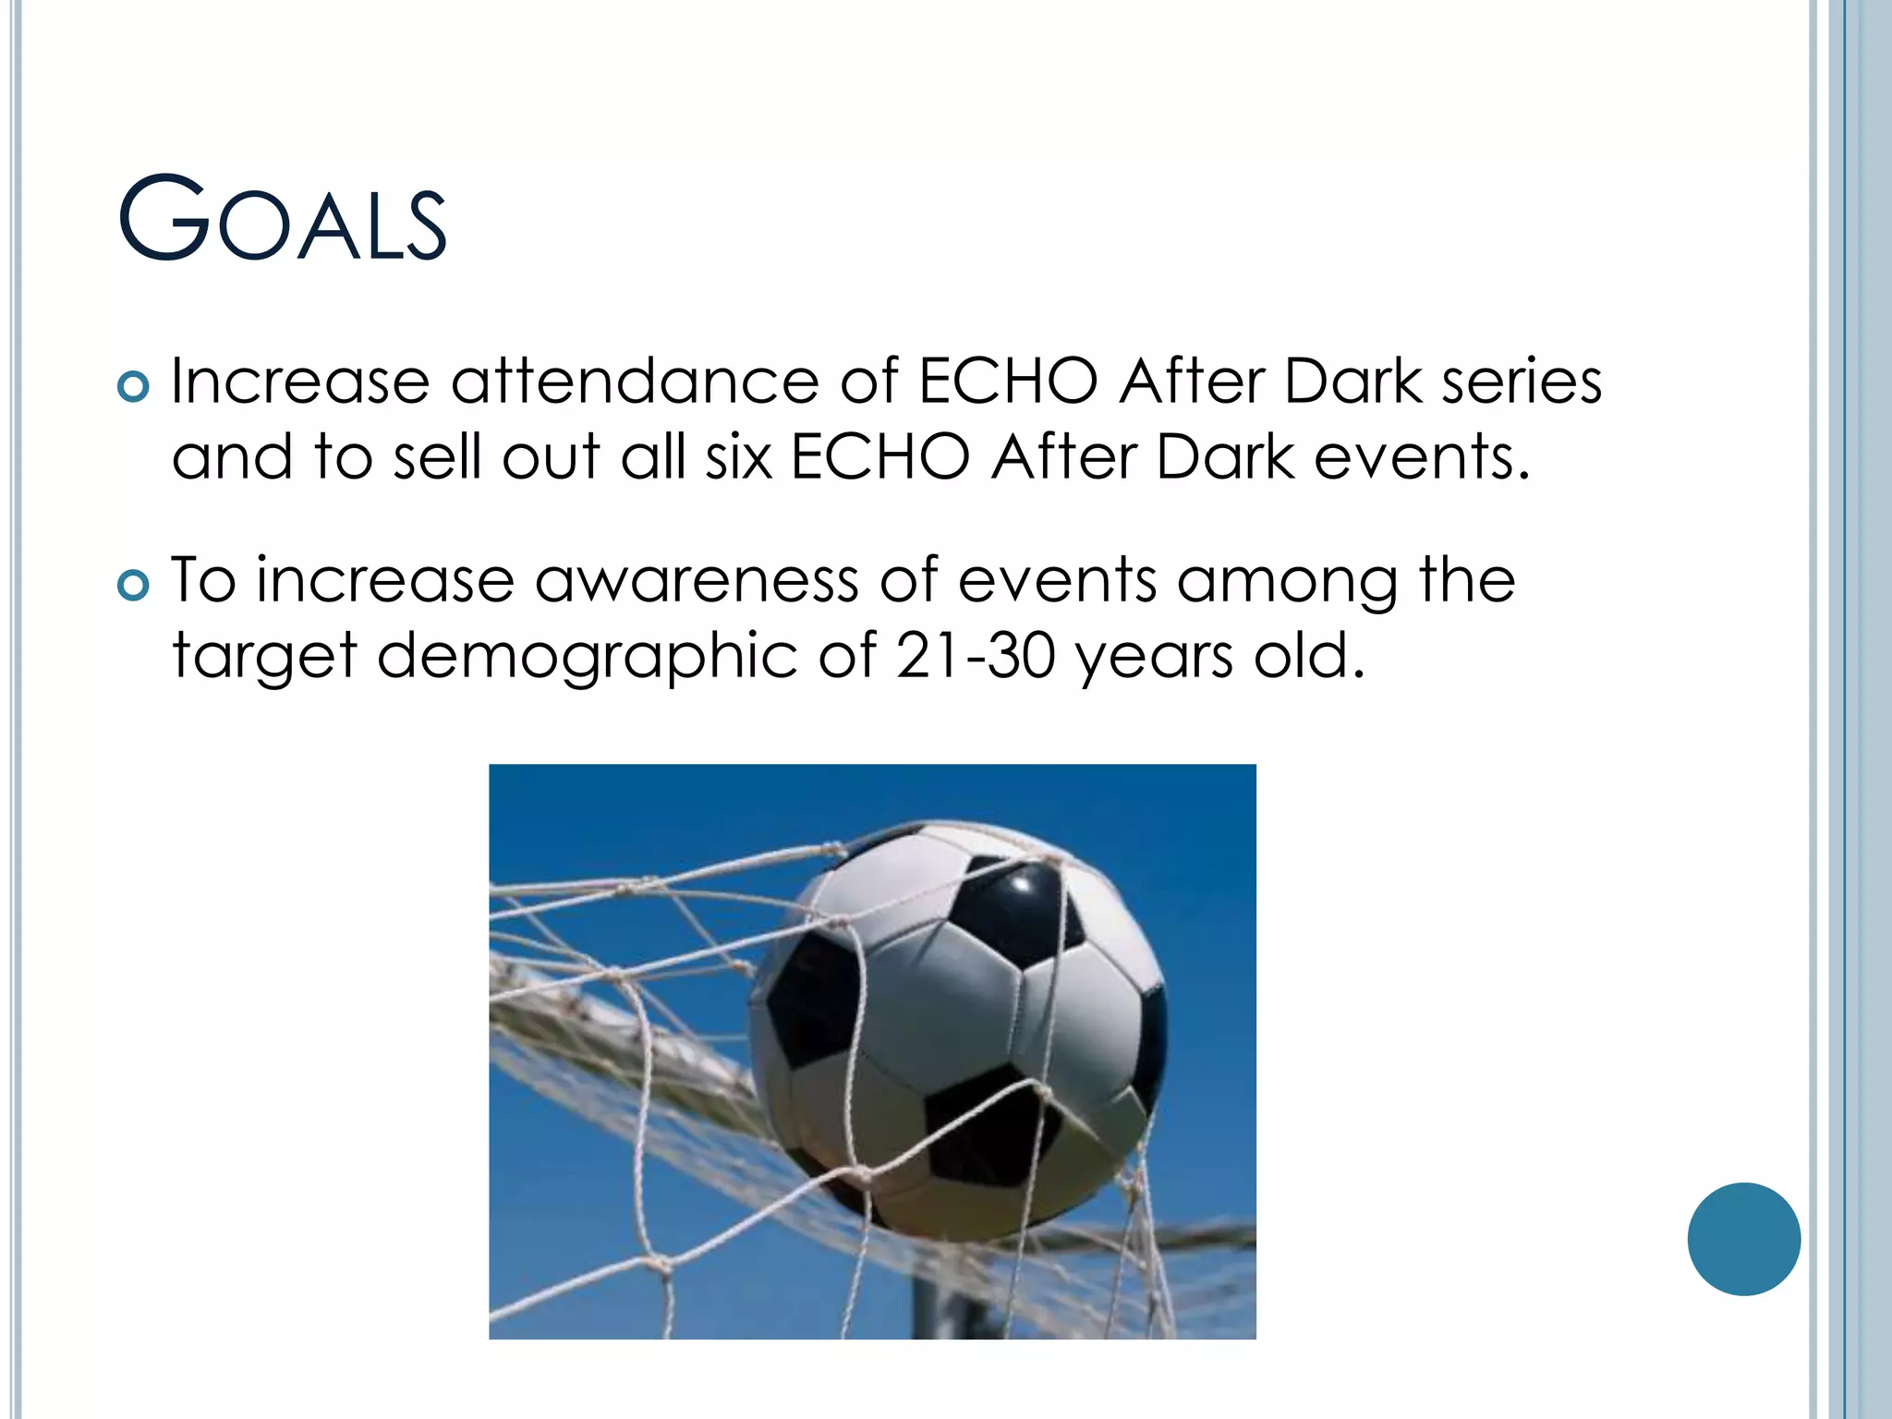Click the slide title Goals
(283, 220)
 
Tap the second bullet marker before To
(134, 585)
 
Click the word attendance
(635, 381)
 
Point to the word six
(738, 457)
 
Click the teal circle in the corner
(1743, 1239)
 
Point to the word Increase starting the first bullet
(300, 381)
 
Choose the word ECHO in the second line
(880, 457)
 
